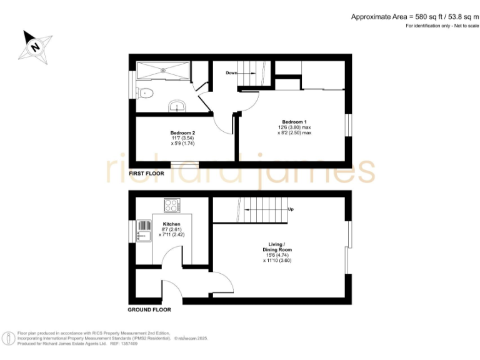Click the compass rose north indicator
point(36,46)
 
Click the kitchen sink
point(144,230)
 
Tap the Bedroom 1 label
point(294,121)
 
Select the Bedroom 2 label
point(183,132)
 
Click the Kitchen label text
point(172,224)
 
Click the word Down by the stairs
point(231,73)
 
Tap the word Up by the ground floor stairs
point(291,209)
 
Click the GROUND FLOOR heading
point(149,309)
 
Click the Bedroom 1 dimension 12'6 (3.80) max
point(294,127)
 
